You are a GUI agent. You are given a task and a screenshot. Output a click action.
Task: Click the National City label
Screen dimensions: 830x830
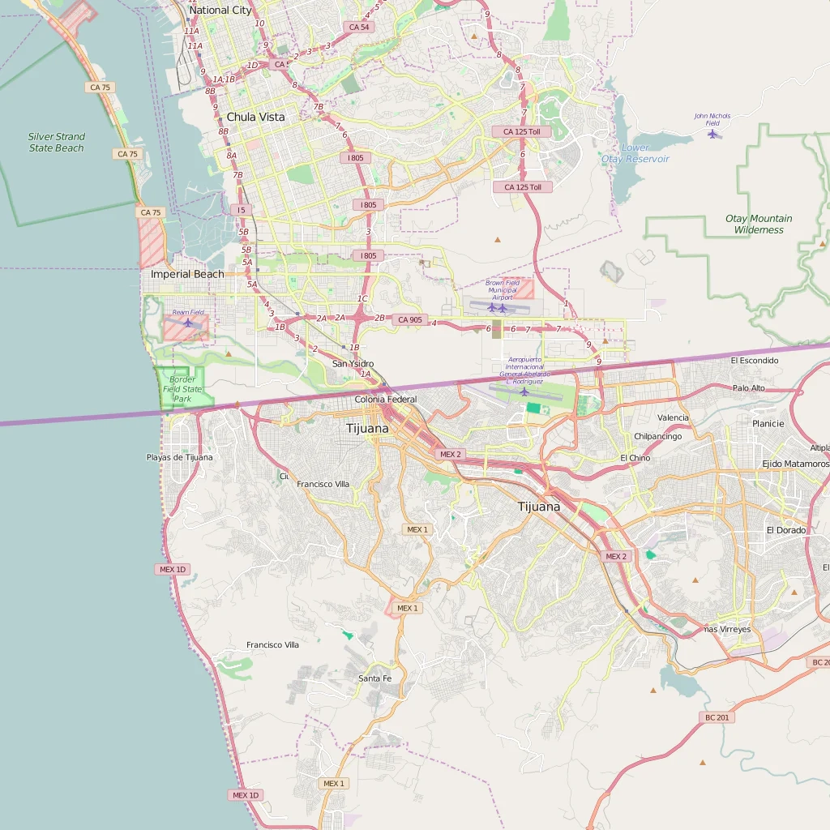point(220,11)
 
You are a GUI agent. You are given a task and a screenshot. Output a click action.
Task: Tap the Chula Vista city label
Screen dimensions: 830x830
point(255,117)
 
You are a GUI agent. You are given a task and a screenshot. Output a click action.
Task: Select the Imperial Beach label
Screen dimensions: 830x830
point(187,274)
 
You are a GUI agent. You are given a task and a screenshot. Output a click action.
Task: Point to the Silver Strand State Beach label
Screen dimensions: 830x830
point(57,143)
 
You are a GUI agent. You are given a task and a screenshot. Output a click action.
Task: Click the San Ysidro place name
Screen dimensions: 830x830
point(353,364)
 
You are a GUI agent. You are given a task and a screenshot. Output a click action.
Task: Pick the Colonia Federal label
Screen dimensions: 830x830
point(386,400)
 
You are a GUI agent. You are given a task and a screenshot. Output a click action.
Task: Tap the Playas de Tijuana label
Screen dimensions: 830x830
point(179,457)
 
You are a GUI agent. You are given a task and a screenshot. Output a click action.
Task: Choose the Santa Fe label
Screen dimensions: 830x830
point(374,678)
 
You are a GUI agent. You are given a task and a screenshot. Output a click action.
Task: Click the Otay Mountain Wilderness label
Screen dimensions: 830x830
point(759,224)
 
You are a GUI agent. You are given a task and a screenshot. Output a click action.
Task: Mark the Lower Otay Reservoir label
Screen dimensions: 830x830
point(635,153)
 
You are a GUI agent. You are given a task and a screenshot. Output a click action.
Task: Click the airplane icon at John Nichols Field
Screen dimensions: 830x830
point(712,134)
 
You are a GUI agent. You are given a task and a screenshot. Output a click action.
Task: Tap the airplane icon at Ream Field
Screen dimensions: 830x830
point(188,323)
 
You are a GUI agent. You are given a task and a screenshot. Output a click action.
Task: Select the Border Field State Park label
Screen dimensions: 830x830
point(182,389)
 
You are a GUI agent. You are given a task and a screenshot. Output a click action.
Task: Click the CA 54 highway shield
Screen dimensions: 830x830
point(359,27)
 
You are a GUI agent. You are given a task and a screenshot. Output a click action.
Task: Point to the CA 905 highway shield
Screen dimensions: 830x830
point(410,320)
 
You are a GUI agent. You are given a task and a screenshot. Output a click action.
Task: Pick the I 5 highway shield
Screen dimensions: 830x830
point(239,210)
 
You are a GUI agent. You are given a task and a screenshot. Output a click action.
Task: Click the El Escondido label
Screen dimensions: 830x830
point(754,361)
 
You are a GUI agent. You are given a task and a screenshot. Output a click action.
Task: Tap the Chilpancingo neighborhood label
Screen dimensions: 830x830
point(657,436)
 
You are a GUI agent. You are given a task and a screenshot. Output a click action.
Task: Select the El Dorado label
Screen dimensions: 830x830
point(786,530)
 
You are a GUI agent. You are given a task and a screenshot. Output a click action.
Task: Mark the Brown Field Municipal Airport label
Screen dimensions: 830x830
point(502,289)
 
